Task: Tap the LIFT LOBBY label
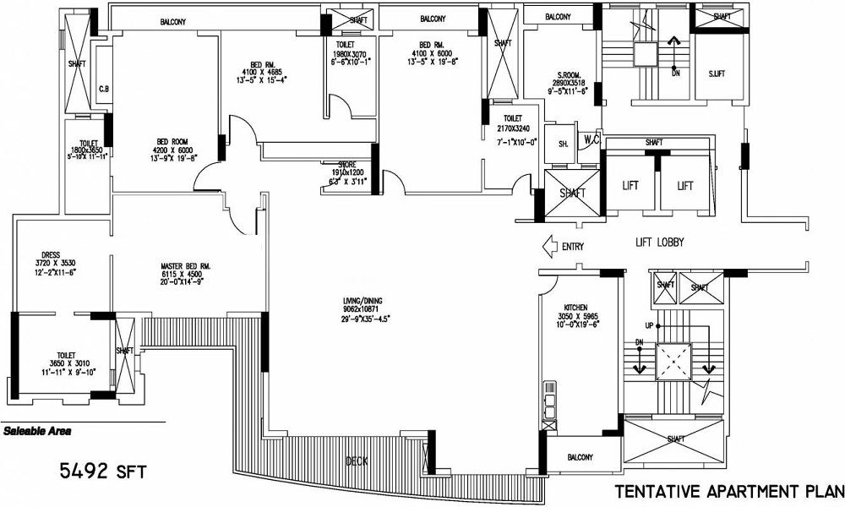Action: pyautogui.click(x=659, y=243)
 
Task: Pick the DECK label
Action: pyautogui.click(x=357, y=461)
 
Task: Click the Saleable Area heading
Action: pyautogui.click(x=37, y=431)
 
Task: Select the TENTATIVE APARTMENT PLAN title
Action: pyautogui.click(x=727, y=491)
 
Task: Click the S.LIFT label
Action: pyautogui.click(x=717, y=74)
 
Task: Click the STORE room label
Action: pyautogui.click(x=346, y=164)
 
